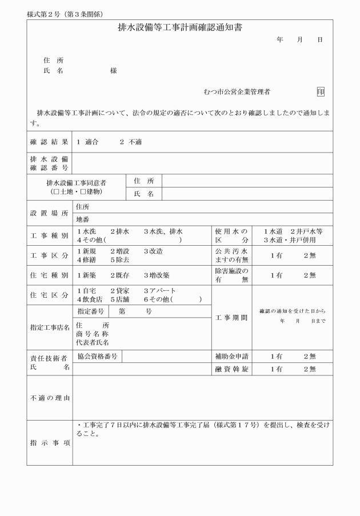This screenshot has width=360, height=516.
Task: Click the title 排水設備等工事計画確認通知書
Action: pyautogui.click(x=179, y=27)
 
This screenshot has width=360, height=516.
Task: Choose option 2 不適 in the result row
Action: pyautogui.click(x=131, y=142)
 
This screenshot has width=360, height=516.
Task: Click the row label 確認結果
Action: pyautogui.click(x=49, y=142)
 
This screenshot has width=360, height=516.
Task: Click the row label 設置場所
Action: pyautogui.click(x=49, y=213)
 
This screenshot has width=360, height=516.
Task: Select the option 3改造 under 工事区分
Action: pyautogui.click(x=153, y=251)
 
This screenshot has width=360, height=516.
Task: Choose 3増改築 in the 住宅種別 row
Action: pyautogui.click(x=157, y=275)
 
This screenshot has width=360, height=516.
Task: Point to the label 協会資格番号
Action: pyautogui.click(x=98, y=356)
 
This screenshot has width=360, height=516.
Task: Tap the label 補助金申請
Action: pyautogui.click(x=231, y=357)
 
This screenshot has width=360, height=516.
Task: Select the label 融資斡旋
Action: pyautogui.click(x=231, y=369)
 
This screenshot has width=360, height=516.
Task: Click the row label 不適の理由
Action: pyautogui.click(x=49, y=398)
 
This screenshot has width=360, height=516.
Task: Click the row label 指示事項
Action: pyautogui.click(x=49, y=443)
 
